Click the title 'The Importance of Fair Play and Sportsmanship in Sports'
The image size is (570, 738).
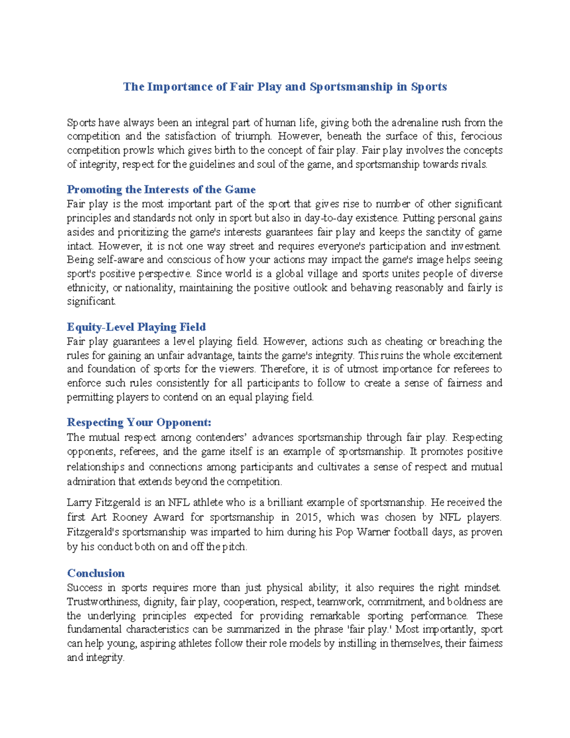coord(285,87)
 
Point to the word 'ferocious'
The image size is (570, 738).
coord(481,136)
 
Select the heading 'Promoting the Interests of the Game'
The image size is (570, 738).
coord(161,190)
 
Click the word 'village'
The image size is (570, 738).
coord(320,274)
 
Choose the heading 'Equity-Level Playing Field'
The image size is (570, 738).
coord(136,327)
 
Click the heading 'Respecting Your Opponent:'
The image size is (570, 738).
coord(139,422)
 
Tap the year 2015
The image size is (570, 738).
coord(307,517)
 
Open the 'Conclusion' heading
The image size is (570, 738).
coord(96,573)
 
